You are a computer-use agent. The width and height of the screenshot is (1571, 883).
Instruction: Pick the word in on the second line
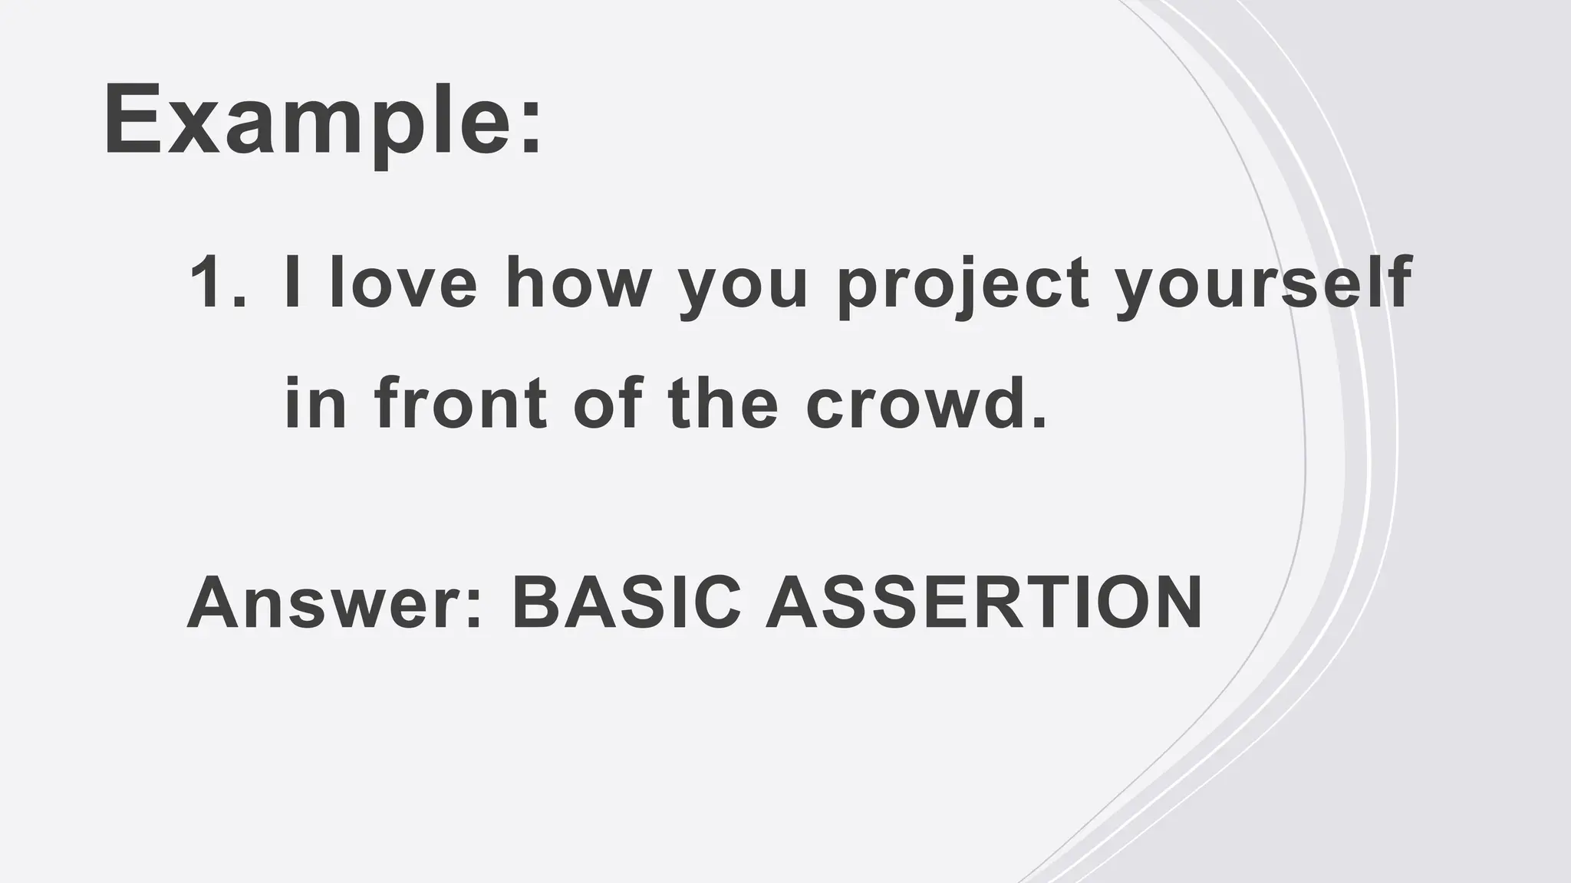coord(315,404)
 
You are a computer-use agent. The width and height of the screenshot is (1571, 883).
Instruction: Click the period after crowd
coord(1039,421)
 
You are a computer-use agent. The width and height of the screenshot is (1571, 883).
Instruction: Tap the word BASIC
coord(626,602)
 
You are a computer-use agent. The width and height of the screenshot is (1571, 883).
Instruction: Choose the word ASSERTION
coord(983,602)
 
